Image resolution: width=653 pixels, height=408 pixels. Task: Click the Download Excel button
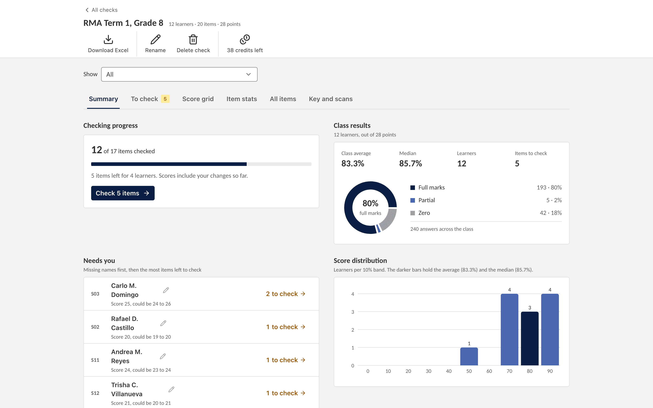(x=108, y=44)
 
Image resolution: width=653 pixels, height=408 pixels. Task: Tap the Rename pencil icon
(x=155, y=39)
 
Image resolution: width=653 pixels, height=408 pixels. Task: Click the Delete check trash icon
(x=193, y=39)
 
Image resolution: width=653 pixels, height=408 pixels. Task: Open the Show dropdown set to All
(x=179, y=74)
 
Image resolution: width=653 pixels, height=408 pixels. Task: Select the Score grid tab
(x=198, y=99)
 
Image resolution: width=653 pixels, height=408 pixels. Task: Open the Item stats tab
(x=241, y=99)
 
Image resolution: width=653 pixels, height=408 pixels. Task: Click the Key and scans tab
(x=331, y=99)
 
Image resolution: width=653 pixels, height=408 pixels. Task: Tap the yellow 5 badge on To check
(x=165, y=99)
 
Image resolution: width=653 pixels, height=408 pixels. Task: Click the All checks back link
(x=101, y=10)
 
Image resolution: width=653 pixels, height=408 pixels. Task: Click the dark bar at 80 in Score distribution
(x=529, y=338)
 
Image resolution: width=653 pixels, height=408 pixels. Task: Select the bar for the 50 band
(x=469, y=357)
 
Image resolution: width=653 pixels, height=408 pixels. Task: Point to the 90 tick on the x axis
(x=550, y=371)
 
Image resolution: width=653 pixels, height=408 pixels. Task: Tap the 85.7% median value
(x=410, y=163)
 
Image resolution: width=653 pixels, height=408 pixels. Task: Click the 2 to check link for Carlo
(x=285, y=294)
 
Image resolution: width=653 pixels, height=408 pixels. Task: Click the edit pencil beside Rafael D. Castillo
(x=163, y=323)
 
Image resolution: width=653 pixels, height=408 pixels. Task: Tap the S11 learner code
(x=95, y=360)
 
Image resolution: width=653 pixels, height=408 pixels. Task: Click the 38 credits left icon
(x=245, y=39)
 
